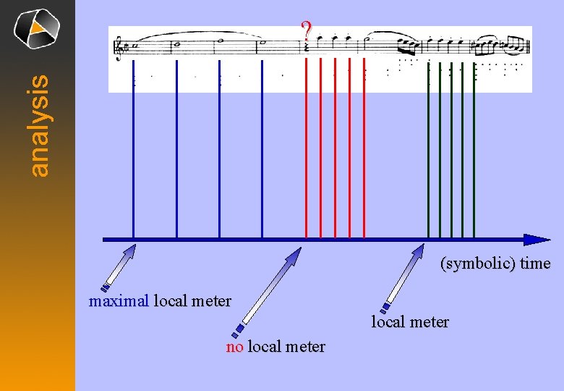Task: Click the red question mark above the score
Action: tap(307, 31)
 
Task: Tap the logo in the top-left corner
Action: tap(37, 30)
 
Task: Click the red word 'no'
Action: tap(234, 347)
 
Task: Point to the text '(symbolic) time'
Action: tap(495, 264)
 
